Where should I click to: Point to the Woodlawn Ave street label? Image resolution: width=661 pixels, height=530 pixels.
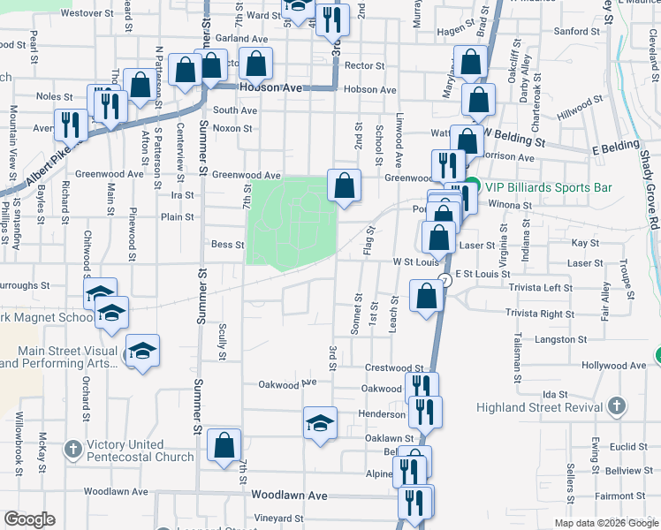point(289,496)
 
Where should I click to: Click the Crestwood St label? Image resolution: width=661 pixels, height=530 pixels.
point(394,367)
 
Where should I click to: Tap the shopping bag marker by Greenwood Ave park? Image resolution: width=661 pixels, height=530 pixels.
point(345,185)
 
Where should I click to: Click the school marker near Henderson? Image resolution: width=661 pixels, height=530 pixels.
point(320,421)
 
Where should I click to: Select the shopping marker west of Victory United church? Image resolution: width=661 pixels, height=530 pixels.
point(224,446)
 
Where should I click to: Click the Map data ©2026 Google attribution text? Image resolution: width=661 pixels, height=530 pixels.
point(605,523)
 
